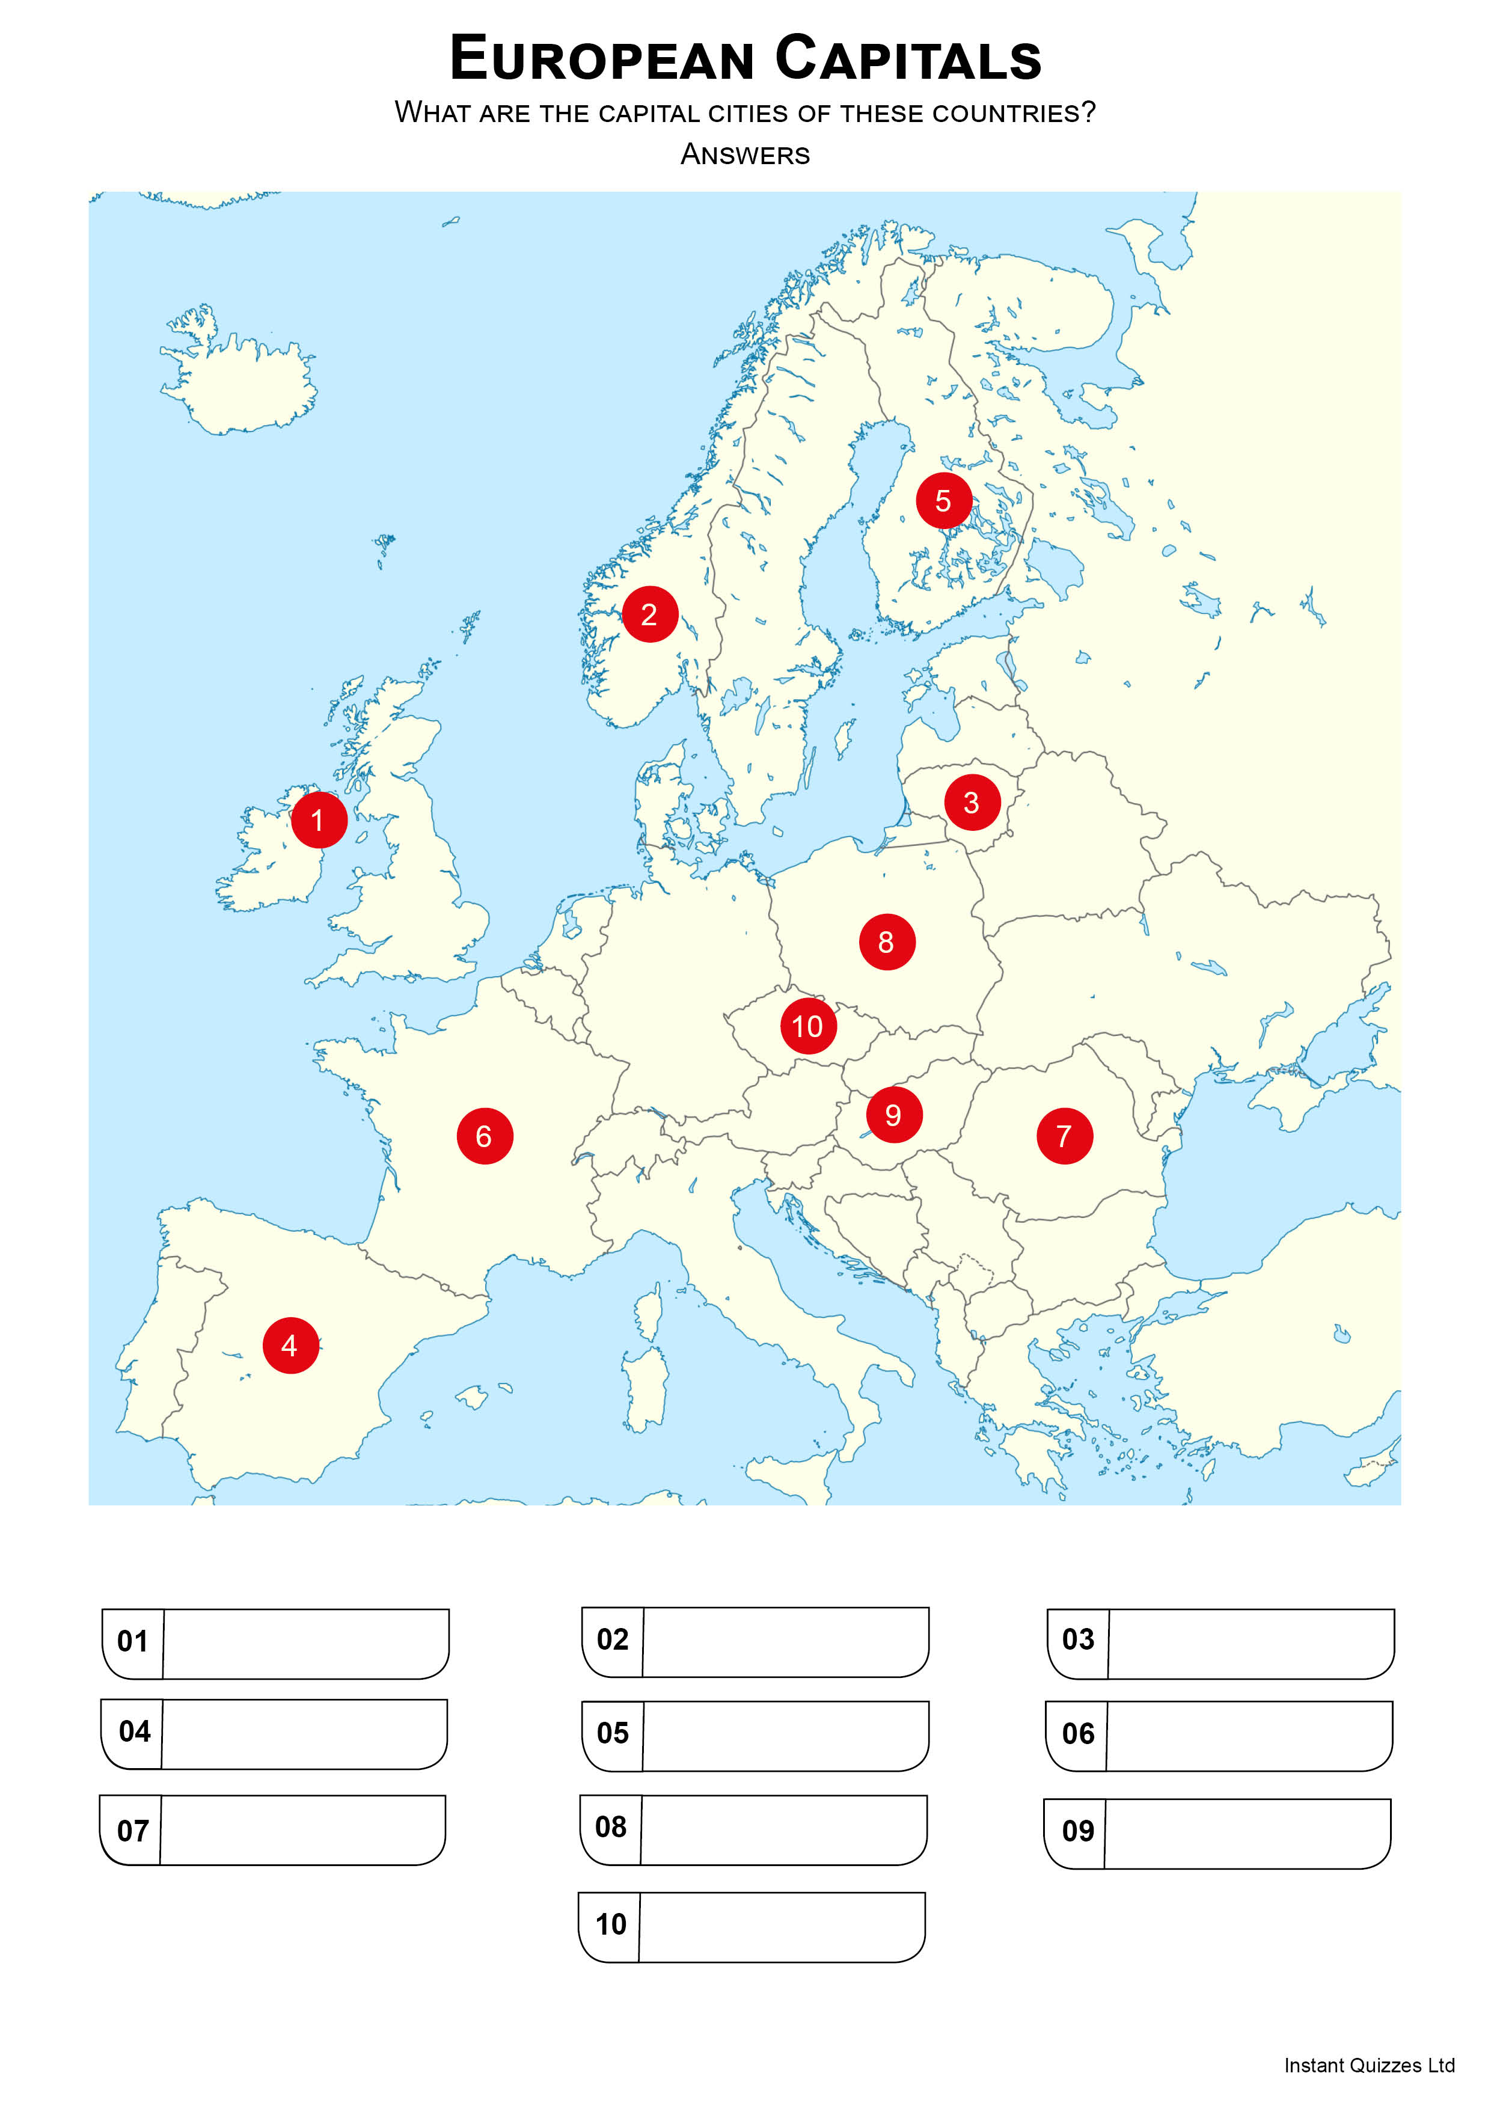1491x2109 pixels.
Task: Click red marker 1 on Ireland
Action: [319, 819]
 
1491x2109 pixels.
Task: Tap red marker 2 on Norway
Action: [649, 614]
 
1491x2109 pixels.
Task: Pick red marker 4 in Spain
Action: [290, 1345]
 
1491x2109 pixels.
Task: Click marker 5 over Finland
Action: [943, 501]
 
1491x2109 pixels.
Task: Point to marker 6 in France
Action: [484, 1136]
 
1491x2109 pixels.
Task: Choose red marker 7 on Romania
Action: [1064, 1136]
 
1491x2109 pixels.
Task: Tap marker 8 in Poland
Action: [887, 941]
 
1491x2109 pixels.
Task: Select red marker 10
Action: [807, 1026]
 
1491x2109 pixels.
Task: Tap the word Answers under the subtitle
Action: [745, 155]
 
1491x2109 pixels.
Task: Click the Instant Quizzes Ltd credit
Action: [1369, 2066]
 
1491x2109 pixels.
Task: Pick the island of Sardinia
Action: [645, 1387]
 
